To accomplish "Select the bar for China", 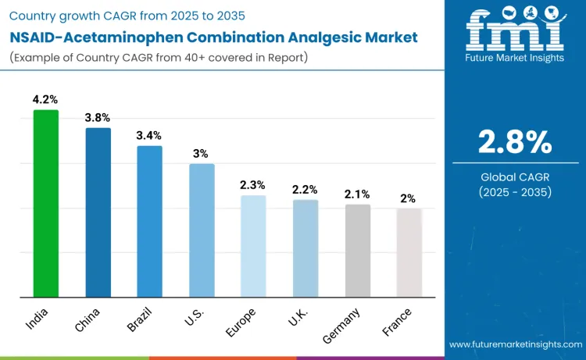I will (98, 212).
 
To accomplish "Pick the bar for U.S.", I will (202, 230).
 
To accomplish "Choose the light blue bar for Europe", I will (253, 246).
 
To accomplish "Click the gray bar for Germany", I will (357, 251).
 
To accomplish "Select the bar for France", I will (409, 252).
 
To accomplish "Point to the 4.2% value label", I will (45, 100).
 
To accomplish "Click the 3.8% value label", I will (98, 118).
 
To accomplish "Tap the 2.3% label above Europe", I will (253, 185).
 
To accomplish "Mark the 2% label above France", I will (409, 198).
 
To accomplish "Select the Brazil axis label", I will (146, 320).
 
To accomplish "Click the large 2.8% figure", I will (515, 142).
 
